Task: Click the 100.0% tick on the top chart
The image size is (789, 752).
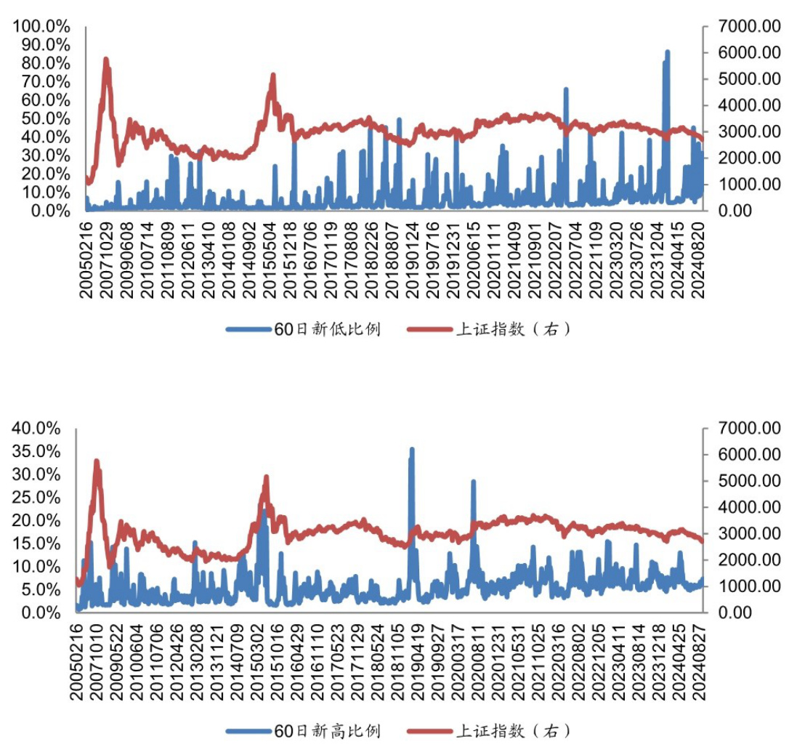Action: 41,26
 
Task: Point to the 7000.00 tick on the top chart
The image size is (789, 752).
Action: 743,26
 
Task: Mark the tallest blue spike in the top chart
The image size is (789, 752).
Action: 667,53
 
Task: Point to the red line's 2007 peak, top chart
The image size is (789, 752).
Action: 106,60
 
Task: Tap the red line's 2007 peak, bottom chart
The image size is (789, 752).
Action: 97,461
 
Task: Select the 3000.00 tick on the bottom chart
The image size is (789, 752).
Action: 743,533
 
